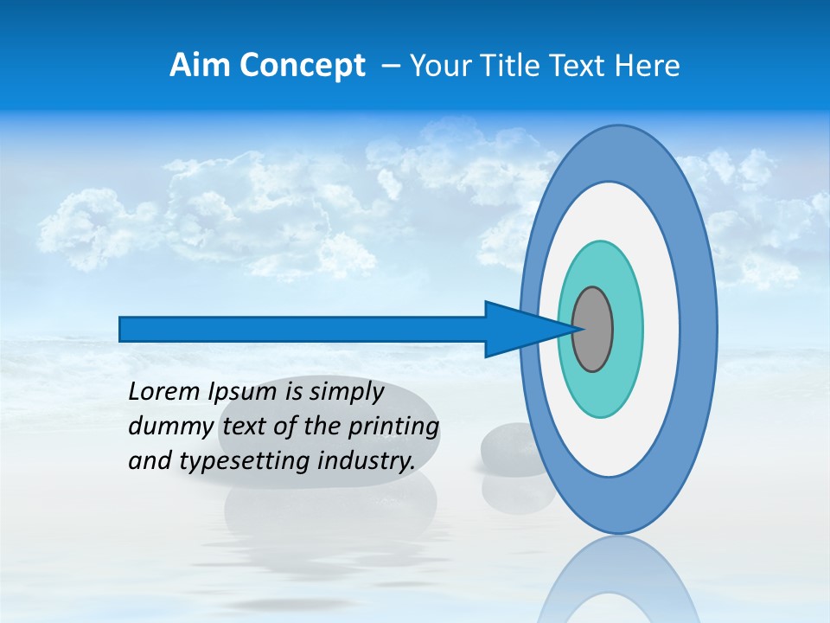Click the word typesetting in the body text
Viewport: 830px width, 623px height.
click(x=246, y=461)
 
